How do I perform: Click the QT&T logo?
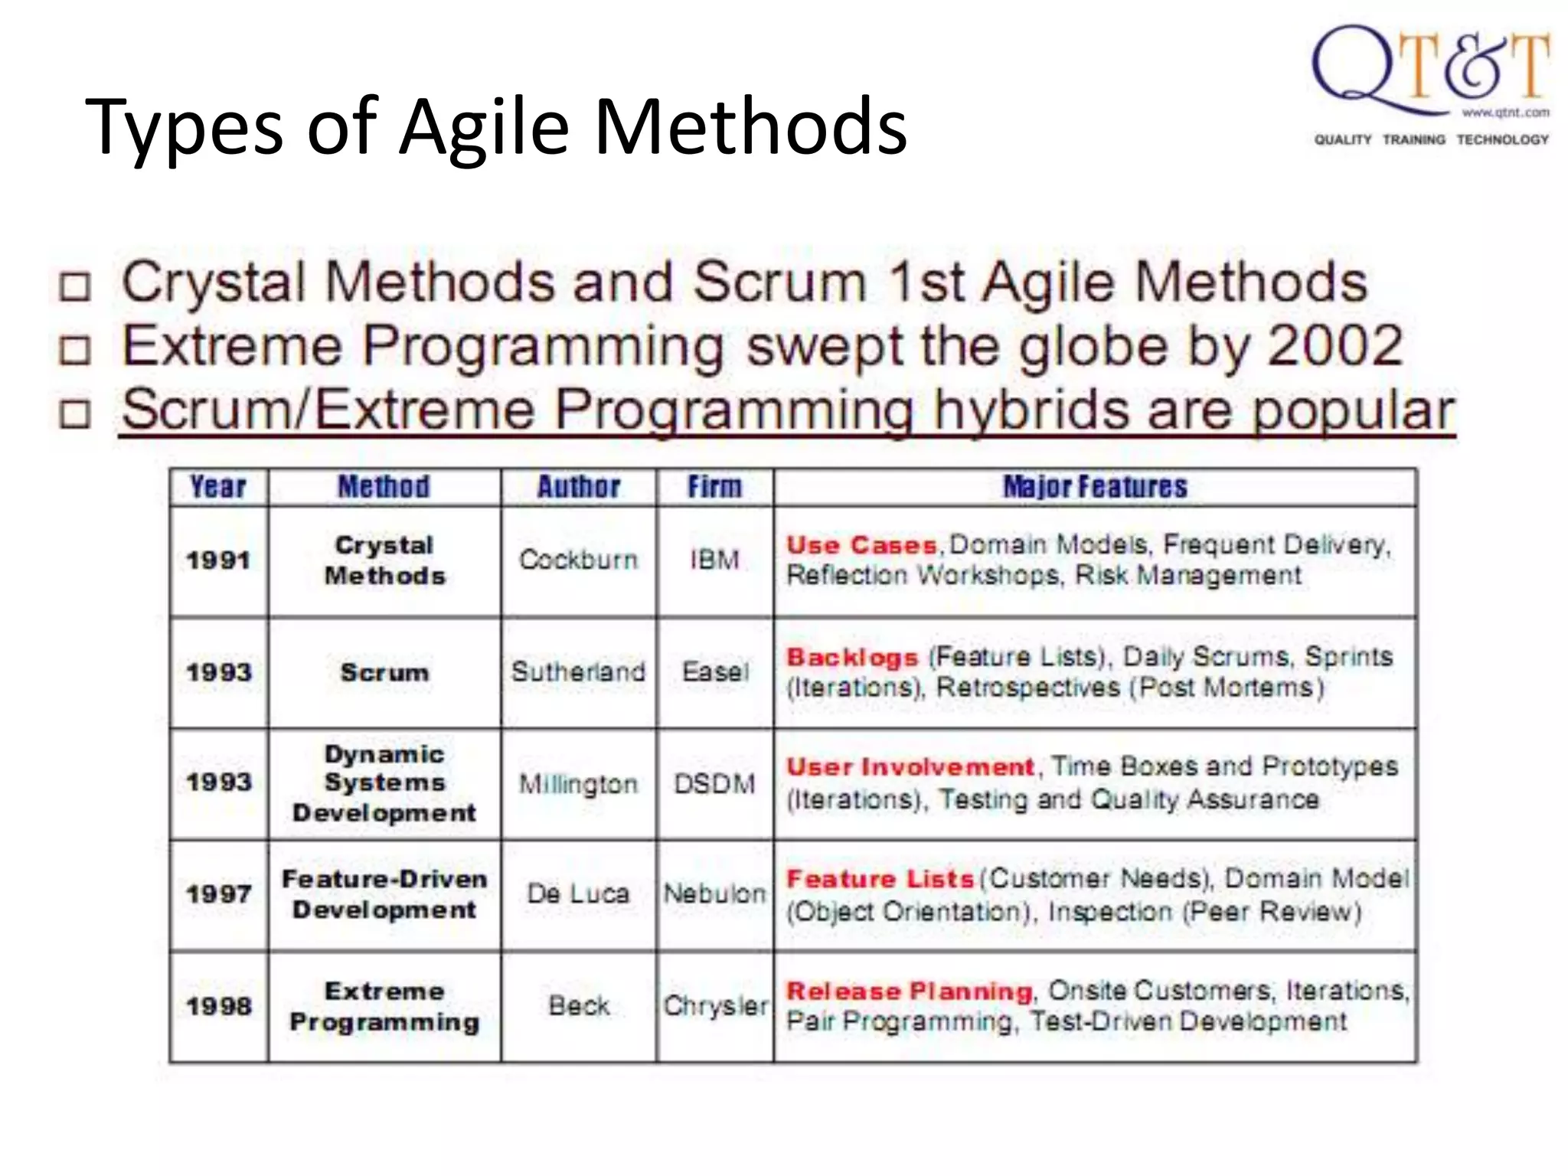[x=1430, y=84]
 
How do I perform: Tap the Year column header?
[x=218, y=487]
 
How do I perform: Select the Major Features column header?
[x=1095, y=487]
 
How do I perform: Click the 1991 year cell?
[x=218, y=560]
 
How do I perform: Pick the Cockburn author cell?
[x=578, y=560]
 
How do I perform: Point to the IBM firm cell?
[x=714, y=560]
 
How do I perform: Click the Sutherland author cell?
[x=578, y=672]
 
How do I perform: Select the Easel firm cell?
[x=714, y=672]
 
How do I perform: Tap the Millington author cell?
[x=578, y=784]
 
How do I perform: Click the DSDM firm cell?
[x=714, y=784]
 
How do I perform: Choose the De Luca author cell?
[x=578, y=893]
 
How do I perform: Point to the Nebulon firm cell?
[x=714, y=893]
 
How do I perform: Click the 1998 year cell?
[x=218, y=1006]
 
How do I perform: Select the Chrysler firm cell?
[x=714, y=1006]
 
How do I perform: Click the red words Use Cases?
[x=861, y=545]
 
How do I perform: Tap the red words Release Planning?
[x=909, y=991]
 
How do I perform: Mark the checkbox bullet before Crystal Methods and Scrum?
[x=75, y=286]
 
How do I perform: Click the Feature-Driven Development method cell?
[x=384, y=894]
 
